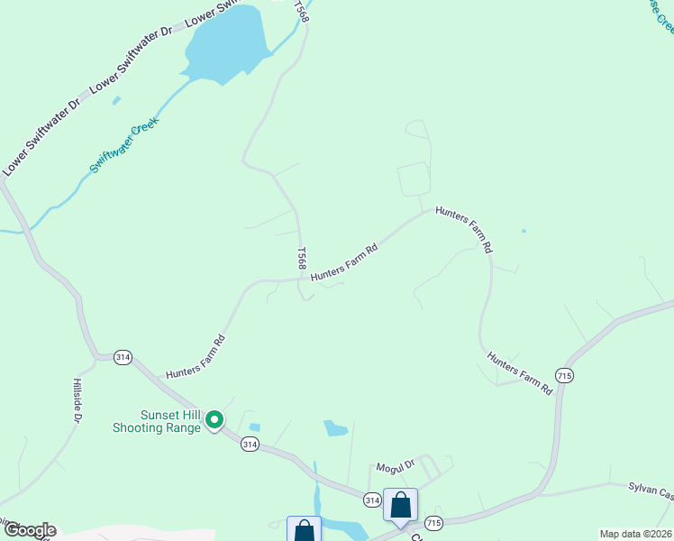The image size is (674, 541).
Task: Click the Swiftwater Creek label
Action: (124, 145)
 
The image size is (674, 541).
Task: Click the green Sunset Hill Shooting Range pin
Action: (214, 419)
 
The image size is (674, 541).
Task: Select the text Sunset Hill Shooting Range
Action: (156, 421)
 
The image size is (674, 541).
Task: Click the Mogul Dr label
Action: (395, 465)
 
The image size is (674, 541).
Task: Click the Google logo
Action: (29, 530)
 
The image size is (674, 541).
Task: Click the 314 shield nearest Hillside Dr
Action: (123, 357)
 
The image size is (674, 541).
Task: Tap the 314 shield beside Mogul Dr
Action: (372, 499)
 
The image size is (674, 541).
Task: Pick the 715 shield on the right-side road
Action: (565, 375)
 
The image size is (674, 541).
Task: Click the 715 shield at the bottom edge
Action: (434, 523)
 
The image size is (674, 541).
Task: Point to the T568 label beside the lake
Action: (302, 12)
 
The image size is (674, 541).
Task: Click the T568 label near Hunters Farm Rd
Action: (302, 258)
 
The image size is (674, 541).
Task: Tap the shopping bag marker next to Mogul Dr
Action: (400, 505)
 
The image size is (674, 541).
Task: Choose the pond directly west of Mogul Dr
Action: (335, 427)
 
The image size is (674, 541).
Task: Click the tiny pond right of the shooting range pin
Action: (254, 426)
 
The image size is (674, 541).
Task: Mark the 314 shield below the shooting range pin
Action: (250, 444)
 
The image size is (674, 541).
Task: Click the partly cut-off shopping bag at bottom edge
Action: (304, 530)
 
